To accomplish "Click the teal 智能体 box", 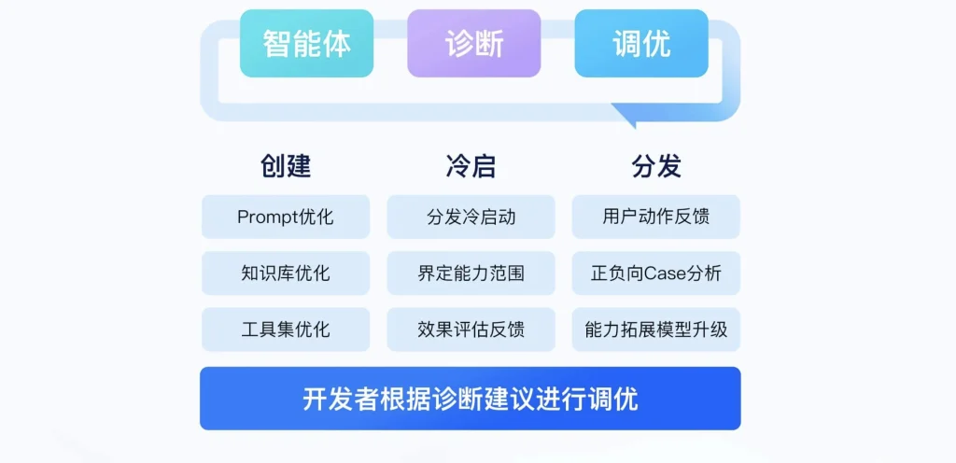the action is click(x=306, y=43).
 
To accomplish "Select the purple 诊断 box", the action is click(x=473, y=43).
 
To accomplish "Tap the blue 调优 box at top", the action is click(x=641, y=43).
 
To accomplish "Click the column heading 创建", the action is click(x=286, y=166).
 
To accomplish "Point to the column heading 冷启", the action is click(x=471, y=166).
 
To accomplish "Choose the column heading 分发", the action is click(x=656, y=166).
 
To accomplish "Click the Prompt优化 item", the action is click(x=286, y=217).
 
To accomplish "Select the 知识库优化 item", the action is click(x=286, y=273).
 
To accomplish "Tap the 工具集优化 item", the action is click(x=286, y=330).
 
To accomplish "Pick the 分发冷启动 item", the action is click(x=471, y=217).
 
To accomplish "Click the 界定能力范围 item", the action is click(x=471, y=273).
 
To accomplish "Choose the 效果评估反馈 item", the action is click(x=471, y=330).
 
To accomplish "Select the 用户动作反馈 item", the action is click(x=656, y=217).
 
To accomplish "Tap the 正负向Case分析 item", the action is click(x=656, y=273).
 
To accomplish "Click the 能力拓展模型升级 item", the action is click(x=656, y=330).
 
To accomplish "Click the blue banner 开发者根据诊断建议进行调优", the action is click(x=471, y=399).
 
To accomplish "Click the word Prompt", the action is click(x=268, y=217).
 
